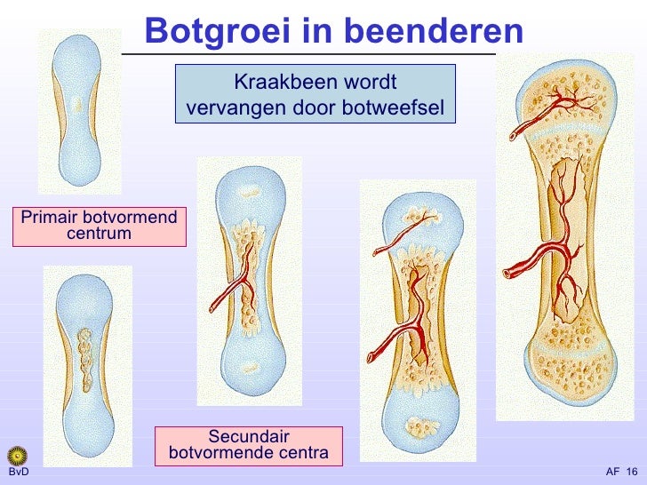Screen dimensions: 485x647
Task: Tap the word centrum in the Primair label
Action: pos(99,234)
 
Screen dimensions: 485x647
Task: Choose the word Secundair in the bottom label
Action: pos(248,436)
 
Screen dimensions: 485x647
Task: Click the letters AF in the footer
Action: pos(612,472)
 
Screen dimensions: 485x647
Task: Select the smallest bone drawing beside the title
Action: pos(79,111)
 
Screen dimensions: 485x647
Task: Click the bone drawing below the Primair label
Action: pos(86,364)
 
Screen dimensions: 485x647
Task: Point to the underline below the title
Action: pos(311,55)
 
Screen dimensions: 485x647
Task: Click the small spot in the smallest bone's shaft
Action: pos(78,106)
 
